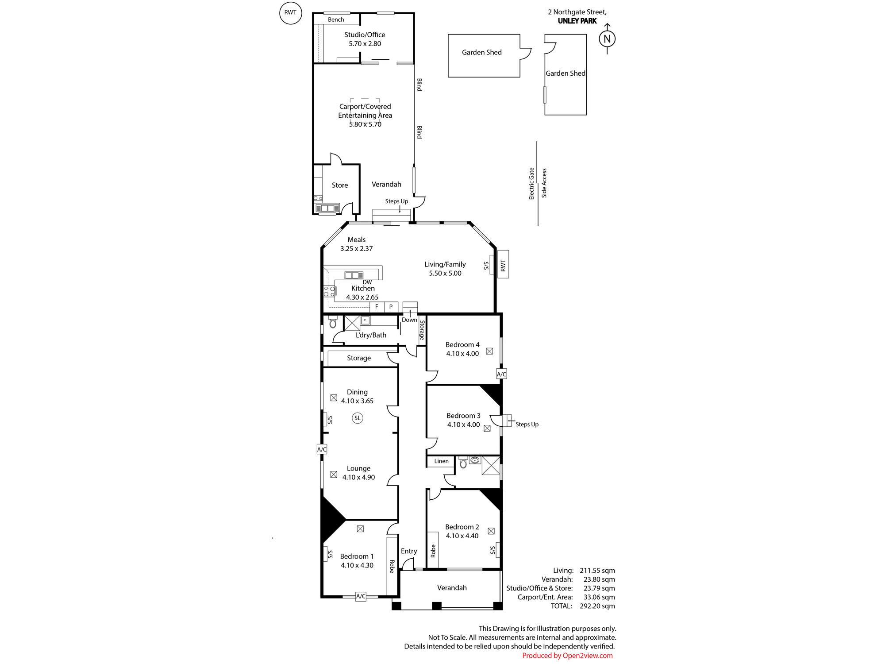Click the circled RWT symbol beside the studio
click(291, 12)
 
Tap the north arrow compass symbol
click(607, 39)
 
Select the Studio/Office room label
click(365, 35)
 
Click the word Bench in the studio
click(336, 19)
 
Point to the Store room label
click(340, 185)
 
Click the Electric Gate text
click(531, 183)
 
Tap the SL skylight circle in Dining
click(358, 418)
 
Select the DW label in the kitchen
click(367, 282)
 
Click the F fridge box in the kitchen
click(377, 306)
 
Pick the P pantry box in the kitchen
click(391, 306)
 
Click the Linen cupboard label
click(441, 461)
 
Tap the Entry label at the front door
click(409, 551)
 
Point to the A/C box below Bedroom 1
click(361, 596)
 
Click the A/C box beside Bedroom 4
click(501, 374)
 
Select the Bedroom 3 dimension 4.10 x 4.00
click(463, 425)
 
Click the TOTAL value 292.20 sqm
click(597, 606)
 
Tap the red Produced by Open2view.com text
click(567, 656)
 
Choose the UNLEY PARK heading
click(577, 21)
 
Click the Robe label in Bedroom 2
click(433, 551)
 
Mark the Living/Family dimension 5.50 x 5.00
click(445, 273)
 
